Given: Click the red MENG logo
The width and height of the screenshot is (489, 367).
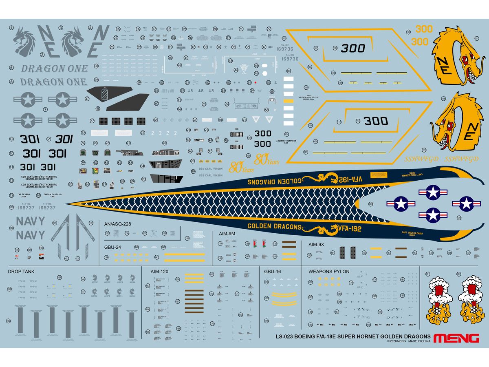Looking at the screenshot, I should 456,338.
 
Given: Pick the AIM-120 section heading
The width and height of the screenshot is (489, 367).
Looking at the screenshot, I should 159,271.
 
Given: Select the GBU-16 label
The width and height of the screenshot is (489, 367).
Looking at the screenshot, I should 273,271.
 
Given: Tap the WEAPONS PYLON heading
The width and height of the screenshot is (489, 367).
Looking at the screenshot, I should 329,271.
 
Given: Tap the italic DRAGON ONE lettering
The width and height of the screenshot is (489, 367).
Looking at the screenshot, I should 54,68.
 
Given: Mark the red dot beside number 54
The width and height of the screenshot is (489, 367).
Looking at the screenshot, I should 255,82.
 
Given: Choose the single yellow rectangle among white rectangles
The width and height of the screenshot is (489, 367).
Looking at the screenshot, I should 288,101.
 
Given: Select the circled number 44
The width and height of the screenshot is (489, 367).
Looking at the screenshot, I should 236,70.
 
